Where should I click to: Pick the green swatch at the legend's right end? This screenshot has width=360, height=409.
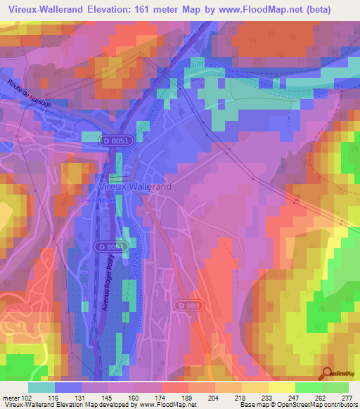pos(335,387)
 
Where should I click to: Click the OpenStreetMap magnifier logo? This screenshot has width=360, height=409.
pos(328,374)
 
